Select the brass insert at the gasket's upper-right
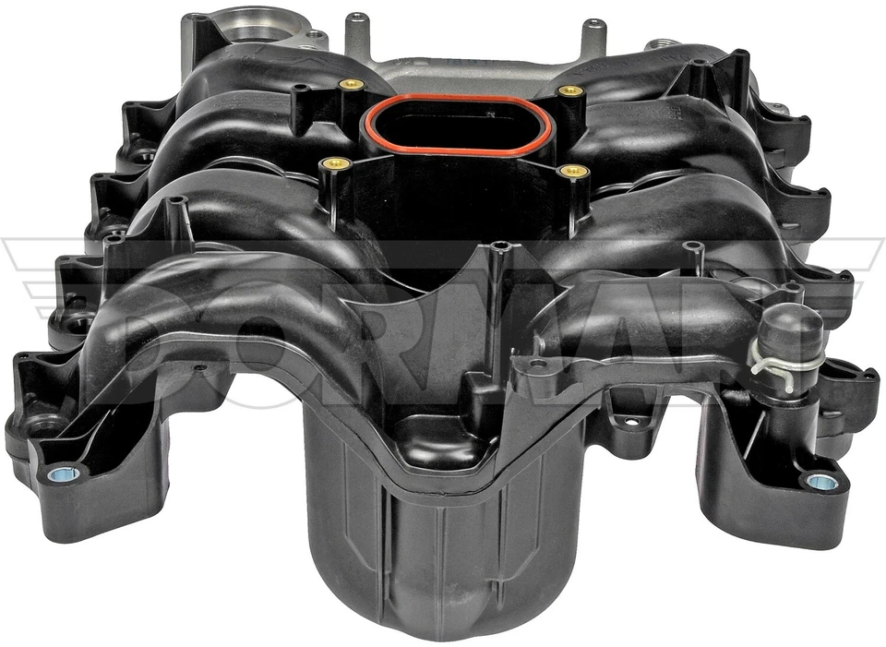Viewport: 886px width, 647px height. coord(571,91)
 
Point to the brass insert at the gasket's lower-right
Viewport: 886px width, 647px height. coord(575,171)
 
